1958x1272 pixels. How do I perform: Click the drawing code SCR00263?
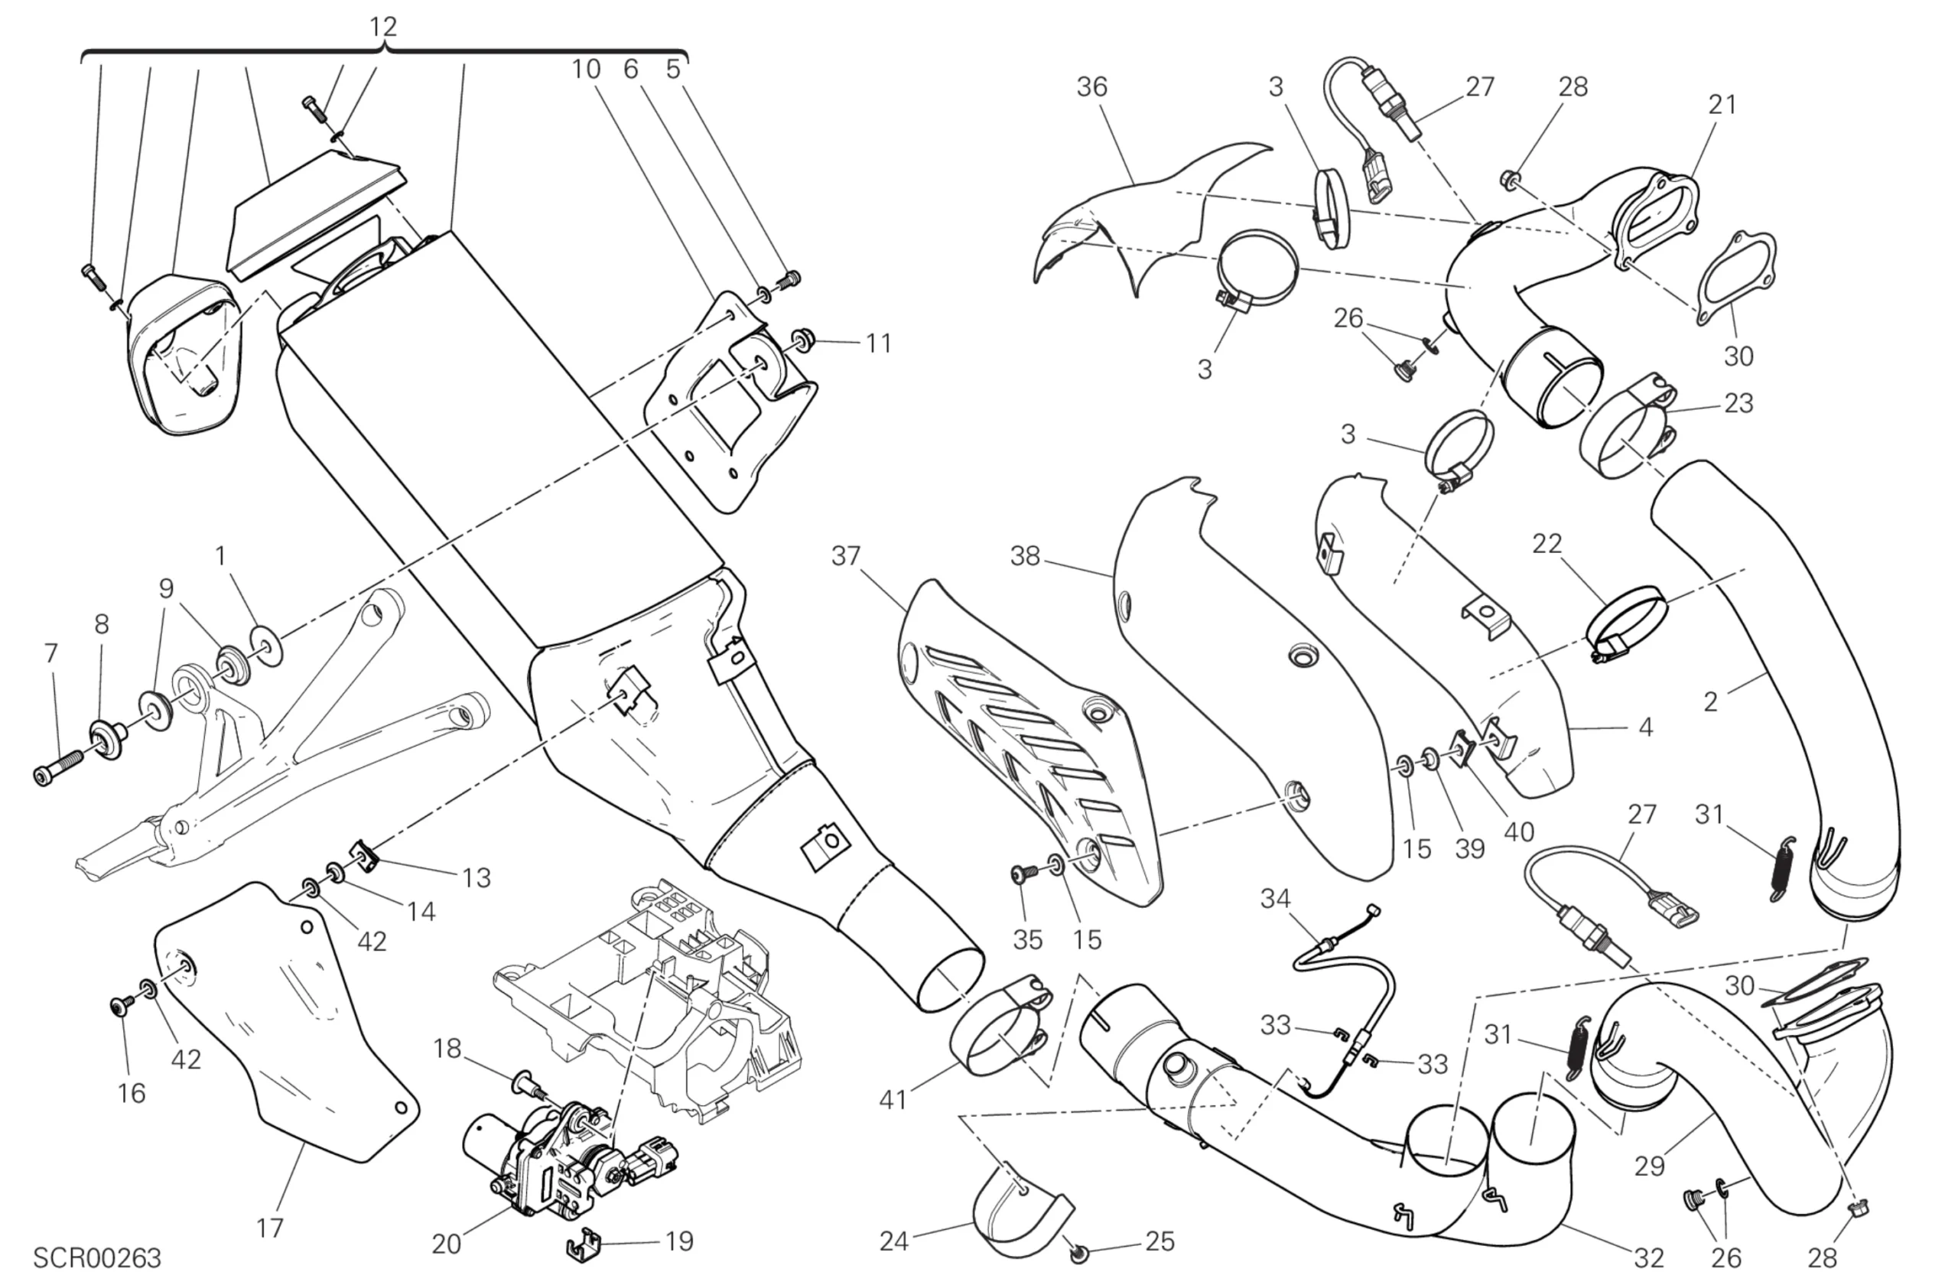97,1257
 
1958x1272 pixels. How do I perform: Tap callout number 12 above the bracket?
382,27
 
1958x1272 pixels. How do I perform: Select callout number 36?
1091,86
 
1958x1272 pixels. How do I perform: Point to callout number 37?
846,556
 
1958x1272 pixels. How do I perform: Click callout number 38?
1025,556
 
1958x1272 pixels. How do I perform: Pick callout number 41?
893,1099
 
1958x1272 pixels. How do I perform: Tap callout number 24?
893,1241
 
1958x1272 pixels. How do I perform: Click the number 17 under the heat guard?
270,1228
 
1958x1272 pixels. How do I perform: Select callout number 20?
446,1244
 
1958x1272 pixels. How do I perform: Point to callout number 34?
1275,899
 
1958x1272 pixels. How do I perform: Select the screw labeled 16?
121,1005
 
